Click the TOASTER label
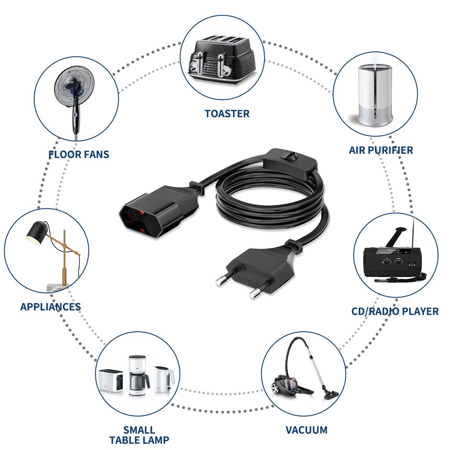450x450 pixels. tap(227, 114)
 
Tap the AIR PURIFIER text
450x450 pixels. tap(381, 150)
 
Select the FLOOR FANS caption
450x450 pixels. tap(79, 154)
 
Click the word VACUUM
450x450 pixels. tap(306, 430)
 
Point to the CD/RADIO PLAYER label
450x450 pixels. tap(395, 312)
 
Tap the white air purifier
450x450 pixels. tap(375, 94)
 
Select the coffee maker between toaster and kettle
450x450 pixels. tap(138, 376)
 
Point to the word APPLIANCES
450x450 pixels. tap(51, 307)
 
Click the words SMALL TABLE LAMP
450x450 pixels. tap(139, 435)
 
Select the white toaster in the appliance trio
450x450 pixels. tap(111, 381)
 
